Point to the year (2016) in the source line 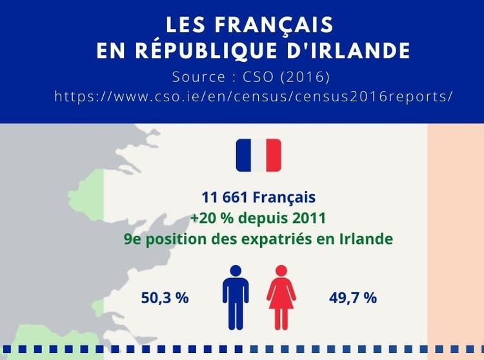(305, 77)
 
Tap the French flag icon (258, 155)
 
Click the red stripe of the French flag (274, 155)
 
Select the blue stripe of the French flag (243, 155)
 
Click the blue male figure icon (236, 297)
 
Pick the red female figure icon (281, 297)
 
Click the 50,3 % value (165, 298)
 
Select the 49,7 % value (352, 298)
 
